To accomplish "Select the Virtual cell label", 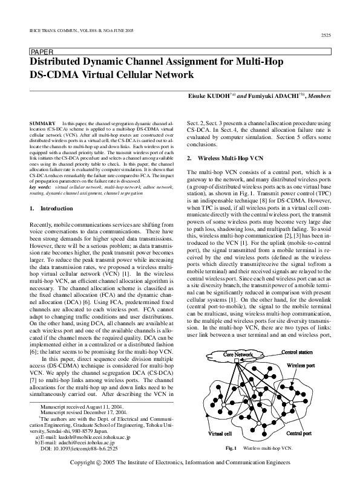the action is tap(220, 433).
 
